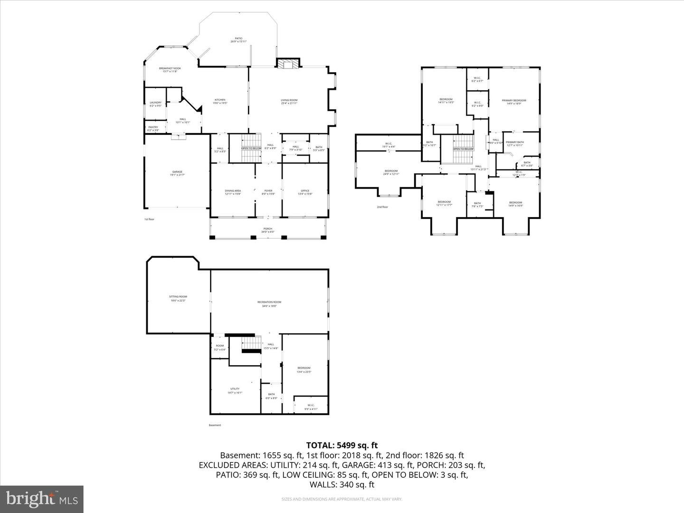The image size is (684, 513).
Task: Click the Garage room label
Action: coord(177,173)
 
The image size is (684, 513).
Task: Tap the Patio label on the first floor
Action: coord(238,40)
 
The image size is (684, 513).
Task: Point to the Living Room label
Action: coord(289,101)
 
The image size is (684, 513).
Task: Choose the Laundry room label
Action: coord(156,104)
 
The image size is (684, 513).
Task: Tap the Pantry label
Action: coord(153,128)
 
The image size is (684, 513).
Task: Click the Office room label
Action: coord(305,192)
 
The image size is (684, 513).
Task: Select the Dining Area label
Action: coord(233,192)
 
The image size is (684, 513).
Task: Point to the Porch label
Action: coord(268,230)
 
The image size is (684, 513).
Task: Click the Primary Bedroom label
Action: coord(514,102)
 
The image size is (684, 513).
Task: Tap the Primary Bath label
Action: coord(514,143)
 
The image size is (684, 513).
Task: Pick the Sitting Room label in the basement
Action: coord(178,298)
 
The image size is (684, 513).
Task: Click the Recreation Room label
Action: coord(269,304)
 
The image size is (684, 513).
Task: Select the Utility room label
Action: coord(235,390)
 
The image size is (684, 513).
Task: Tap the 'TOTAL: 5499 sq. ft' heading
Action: coord(342,445)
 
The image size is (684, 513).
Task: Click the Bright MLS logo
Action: coord(42,499)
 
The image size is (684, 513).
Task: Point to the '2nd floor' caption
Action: coord(382,207)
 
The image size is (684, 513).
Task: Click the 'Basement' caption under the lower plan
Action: coord(215,425)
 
